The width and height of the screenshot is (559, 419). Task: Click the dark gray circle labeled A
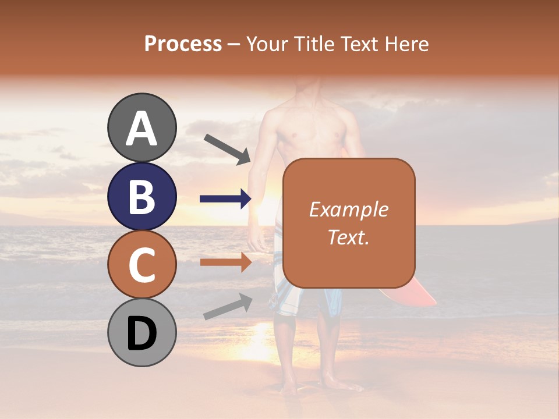[x=141, y=127]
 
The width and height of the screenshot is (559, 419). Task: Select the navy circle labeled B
[x=141, y=196]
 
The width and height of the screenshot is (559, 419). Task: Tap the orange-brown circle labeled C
[x=141, y=264]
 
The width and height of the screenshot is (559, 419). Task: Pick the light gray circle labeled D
[x=141, y=332]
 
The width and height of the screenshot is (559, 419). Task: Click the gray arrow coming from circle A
[x=227, y=149]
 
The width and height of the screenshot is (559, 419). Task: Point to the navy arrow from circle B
[x=225, y=199]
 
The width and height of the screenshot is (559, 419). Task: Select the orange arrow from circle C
[x=225, y=262]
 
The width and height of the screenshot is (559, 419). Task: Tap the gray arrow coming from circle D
[x=228, y=306]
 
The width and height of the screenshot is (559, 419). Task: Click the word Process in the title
[x=183, y=44]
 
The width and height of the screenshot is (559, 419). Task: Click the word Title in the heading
[x=314, y=44]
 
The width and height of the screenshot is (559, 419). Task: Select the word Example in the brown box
[x=349, y=210]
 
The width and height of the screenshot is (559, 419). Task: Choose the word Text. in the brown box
[x=349, y=237]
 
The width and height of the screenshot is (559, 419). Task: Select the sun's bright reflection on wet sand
[x=259, y=343]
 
